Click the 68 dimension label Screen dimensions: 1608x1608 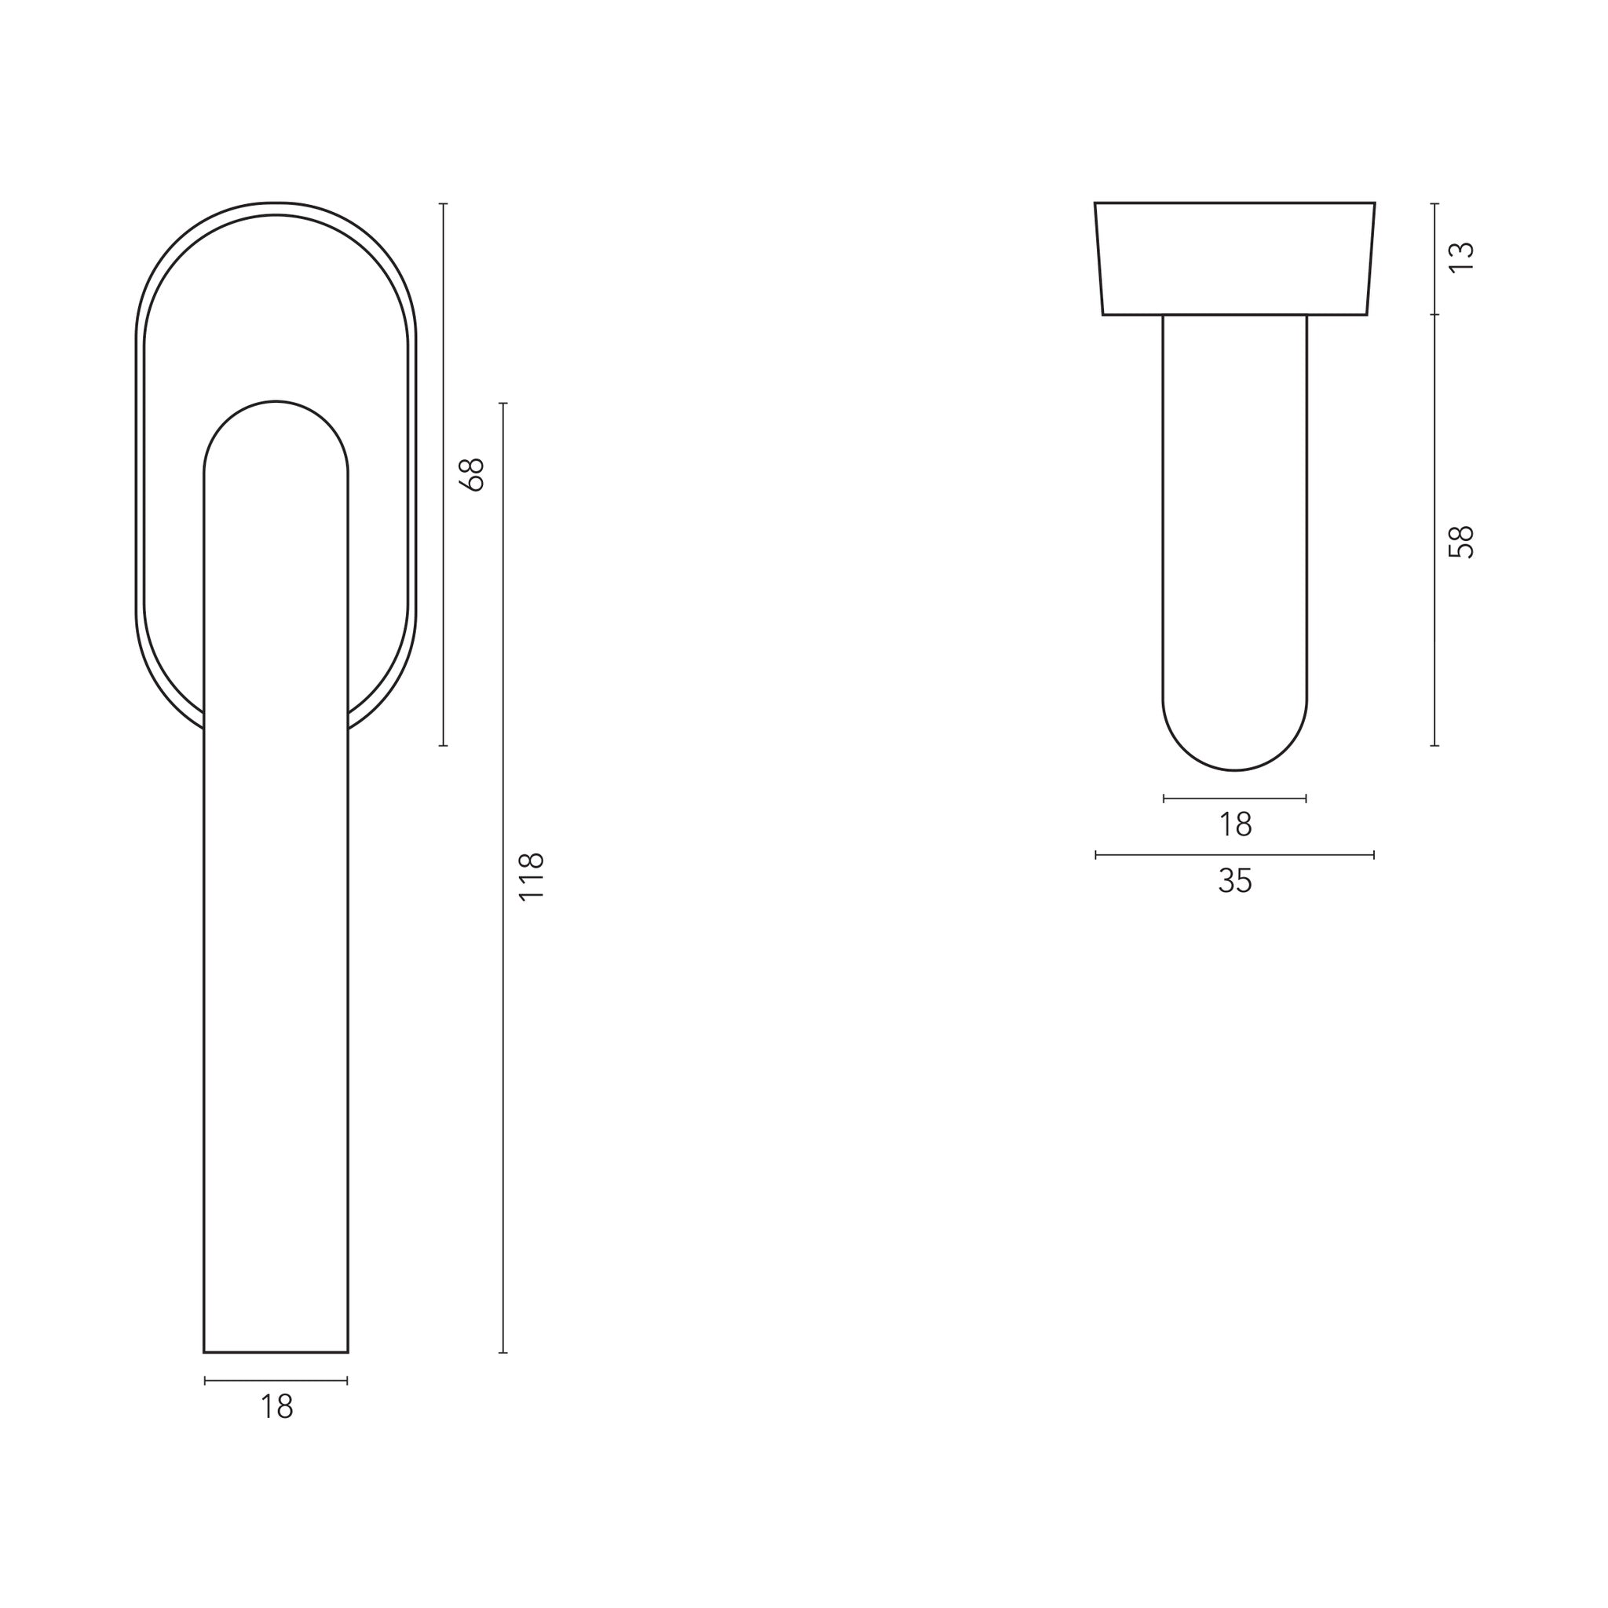tap(472, 475)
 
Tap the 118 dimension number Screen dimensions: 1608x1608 tap(531, 876)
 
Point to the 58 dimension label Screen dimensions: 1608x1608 tap(1461, 543)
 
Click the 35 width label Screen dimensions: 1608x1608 tap(1235, 881)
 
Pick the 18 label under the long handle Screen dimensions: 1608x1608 tap(276, 1406)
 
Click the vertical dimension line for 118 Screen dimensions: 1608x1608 tap(502, 878)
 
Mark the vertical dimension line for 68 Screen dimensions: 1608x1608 tap(443, 474)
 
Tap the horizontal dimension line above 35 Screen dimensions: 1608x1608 tap(1235, 855)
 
